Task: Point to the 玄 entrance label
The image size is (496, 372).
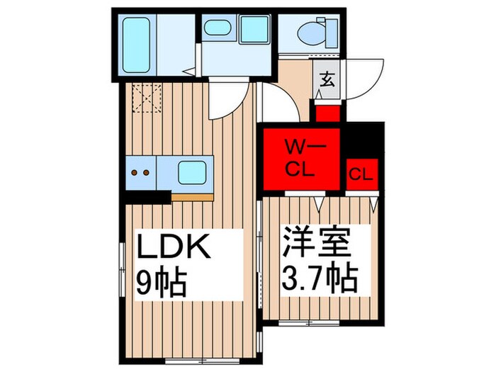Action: (327, 79)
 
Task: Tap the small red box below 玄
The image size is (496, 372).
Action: (328, 113)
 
